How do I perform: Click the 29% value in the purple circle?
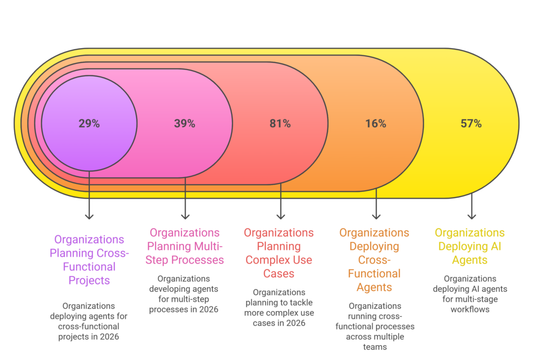pyautogui.click(x=89, y=124)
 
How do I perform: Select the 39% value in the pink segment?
pyautogui.click(x=185, y=124)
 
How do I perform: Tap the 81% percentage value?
pyautogui.click(x=280, y=124)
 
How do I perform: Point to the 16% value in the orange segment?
pyautogui.click(x=375, y=124)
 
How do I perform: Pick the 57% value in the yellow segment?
pyautogui.click(x=471, y=124)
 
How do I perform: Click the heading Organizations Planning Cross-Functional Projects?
pyautogui.click(x=89, y=260)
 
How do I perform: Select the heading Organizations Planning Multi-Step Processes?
pyautogui.click(x=185, y=246)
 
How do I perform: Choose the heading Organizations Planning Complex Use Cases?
pyautogui.click(x=278, y=253)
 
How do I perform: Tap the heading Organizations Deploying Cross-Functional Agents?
pyautogui.click(x=374, y=260)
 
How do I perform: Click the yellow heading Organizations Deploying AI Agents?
pyautogui.click(x=469, y=246)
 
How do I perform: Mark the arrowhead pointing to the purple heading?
pyautogui.click(x=89, y=216)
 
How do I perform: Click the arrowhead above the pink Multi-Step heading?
pyautogui.click(x=185, y=216)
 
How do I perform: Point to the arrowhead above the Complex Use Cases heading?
pyautogui.click(x=281, y=216)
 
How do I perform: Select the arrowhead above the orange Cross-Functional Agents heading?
pyautogui.click(x=376, y=216)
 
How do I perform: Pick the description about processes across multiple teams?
pyautogui.click(x=374, y=326)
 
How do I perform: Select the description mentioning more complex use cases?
pyautogui.click(x=278, y=307)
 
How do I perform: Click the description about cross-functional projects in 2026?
pyautogui.click(x=89, y=321)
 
